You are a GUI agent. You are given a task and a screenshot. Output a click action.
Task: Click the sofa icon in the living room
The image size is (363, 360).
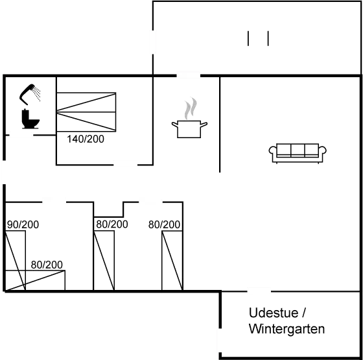click(x=298, y=153)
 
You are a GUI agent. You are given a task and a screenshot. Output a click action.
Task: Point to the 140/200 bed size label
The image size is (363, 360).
click(x=86, y=139)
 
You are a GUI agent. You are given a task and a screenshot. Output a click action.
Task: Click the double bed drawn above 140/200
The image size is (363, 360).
click(x=86, y=111)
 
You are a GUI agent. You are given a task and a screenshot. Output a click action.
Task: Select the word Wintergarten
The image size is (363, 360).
click(x=287, y=329)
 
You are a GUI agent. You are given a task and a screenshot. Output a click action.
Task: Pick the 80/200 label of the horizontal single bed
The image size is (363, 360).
click(x=47, y=265)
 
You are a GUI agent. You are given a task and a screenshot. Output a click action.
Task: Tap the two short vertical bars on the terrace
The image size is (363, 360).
click(x=259, y=39)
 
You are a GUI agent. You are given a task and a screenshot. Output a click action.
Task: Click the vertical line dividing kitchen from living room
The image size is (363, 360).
click(x=221, y=123)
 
